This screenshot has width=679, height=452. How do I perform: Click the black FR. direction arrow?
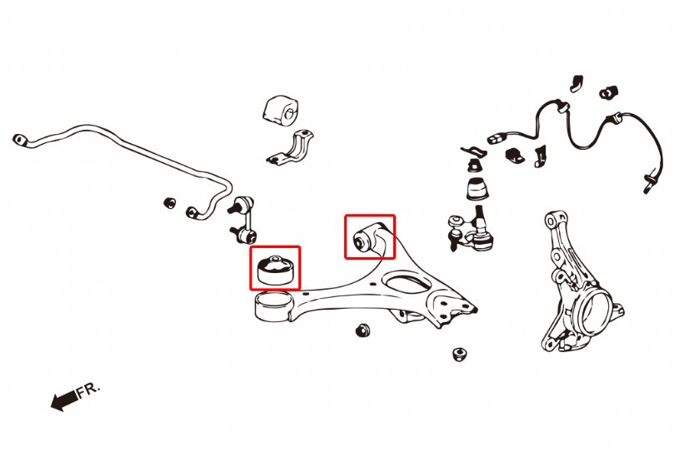click(64, 401)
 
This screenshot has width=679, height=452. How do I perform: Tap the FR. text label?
click(88, 390)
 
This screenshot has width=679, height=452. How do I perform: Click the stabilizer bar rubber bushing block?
click(281, 111)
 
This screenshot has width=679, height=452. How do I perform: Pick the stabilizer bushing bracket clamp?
click(291, 147)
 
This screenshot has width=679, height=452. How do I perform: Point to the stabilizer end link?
click(243, 220)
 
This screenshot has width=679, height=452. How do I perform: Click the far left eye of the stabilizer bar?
click(20, 140)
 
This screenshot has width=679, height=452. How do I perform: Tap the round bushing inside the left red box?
click(275, 269)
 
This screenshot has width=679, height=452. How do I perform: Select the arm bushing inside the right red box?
click(362, 240)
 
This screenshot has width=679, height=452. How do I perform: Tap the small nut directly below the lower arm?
click(362, 330)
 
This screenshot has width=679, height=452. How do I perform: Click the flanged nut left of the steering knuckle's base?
click(459, 354)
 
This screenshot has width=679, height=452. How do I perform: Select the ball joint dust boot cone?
click(477, 188)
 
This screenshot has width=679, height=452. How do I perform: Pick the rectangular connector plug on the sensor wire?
click(497, 138)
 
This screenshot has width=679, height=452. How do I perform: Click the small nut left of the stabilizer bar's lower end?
click(170, 202)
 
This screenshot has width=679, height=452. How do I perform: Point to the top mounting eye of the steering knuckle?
click(552, 220)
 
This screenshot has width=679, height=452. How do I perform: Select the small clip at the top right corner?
click(608, 92)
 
